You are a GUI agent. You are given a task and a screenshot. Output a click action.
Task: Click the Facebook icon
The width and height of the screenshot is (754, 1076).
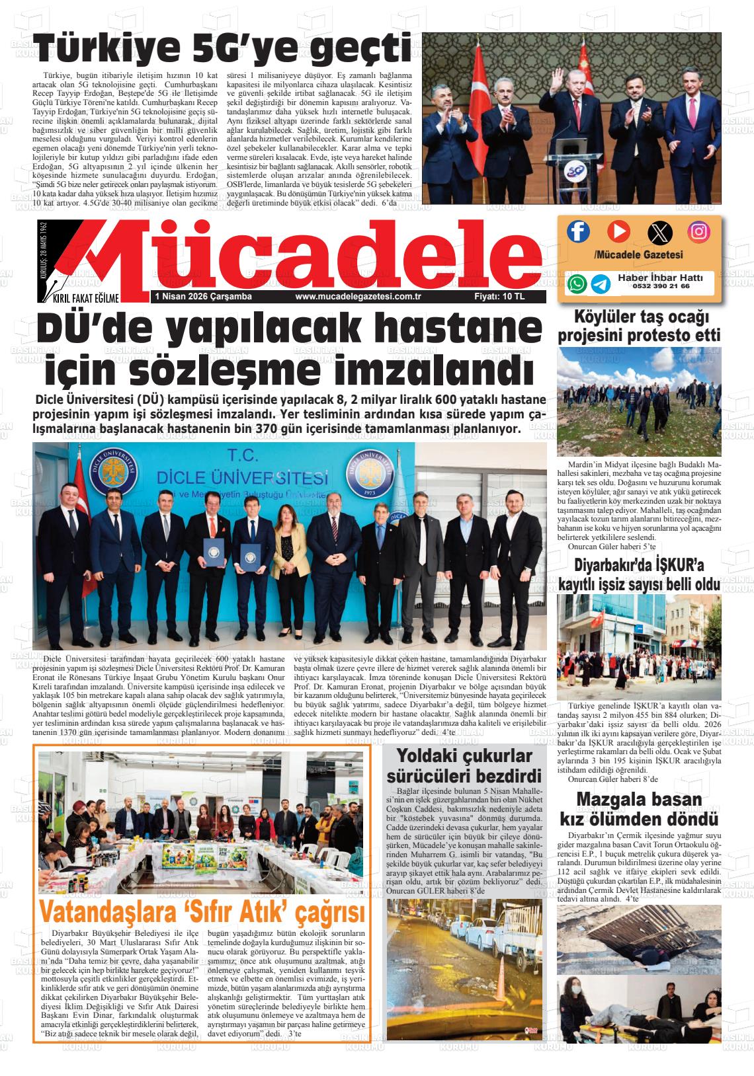[x=578, y=231]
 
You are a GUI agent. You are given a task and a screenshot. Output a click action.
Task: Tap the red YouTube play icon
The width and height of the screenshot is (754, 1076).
[x=618, y=231]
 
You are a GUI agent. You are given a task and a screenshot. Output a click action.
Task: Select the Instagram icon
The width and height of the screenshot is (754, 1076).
[x=698, y=231]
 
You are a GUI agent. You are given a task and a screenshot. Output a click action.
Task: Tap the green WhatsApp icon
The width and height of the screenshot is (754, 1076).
[x=577, y=284]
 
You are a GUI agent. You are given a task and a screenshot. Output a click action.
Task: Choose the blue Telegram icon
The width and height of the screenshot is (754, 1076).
[x=601, y=284]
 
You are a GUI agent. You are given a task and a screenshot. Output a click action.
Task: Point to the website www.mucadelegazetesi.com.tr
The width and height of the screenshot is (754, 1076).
[x=358, y=297]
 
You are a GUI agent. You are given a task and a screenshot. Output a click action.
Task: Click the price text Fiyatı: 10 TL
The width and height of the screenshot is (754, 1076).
[x=500, y=297]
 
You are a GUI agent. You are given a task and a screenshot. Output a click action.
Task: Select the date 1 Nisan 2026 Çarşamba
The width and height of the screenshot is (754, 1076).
[x=202, y=297]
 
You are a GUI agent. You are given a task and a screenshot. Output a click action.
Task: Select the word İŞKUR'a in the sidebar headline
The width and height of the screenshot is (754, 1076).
[x=681, y=566]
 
